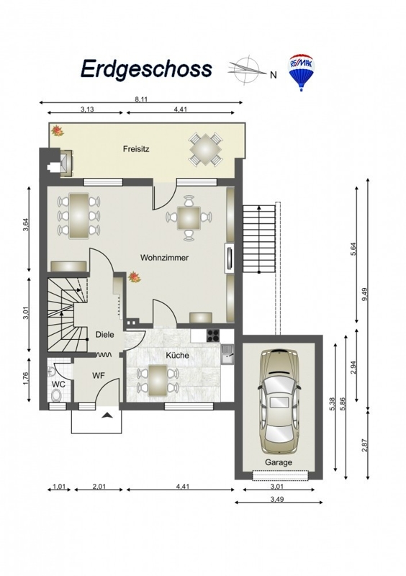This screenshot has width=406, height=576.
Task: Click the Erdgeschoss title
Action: click(x=146, y=68)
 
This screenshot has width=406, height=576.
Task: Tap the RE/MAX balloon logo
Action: click(x=302, y=73)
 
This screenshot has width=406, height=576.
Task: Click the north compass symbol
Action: click(x=247, y=69)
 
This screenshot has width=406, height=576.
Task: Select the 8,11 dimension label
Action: click(x=141, y=99)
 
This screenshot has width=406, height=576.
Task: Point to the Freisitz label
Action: click(x=136, y=150)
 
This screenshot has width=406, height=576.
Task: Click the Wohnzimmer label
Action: click(x=164, y=258)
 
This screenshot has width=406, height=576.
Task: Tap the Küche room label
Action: click(x=177, y=355)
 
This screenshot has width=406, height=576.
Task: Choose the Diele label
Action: click(x=104, y=335)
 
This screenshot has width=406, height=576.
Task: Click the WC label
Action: click(x=58, y=384)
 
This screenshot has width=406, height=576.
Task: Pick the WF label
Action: click(x=98, y=375)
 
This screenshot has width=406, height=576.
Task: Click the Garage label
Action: click(x=279, y=462)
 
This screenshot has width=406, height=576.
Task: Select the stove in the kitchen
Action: click(x=213, y=335)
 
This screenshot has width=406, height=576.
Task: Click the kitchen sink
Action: click(x=227, y=354)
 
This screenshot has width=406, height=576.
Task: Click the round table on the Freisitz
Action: click(x=206, y=150)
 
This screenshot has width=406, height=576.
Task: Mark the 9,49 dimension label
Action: click(x=364, y=294)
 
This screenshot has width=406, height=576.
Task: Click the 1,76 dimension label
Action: click(x=25, y=379)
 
